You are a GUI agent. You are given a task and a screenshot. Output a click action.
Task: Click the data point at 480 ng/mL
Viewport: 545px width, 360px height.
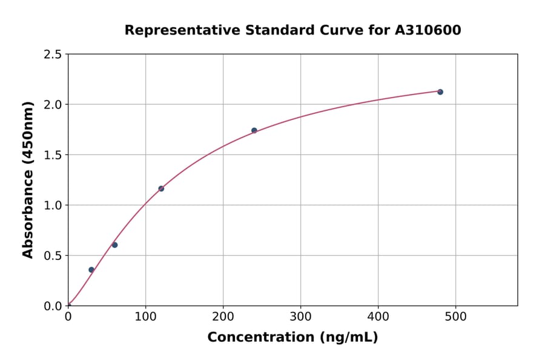440,92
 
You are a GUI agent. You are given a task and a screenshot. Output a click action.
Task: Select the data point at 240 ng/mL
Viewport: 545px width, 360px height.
254,130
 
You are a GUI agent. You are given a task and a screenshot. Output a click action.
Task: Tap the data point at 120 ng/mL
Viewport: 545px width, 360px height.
161,188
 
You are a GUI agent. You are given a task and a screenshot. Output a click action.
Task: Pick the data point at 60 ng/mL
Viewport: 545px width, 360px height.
114,245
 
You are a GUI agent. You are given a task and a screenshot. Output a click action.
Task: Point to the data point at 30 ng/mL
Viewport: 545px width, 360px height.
91,270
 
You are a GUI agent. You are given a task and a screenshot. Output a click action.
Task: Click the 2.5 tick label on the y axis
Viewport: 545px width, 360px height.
52,55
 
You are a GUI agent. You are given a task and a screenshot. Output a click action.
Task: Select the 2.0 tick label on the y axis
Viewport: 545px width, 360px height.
52,105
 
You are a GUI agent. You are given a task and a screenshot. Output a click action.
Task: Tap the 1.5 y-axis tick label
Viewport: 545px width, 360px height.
52,155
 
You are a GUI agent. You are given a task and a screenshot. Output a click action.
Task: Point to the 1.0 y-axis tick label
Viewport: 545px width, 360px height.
52,205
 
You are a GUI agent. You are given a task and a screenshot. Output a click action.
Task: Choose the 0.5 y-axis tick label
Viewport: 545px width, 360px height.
52,256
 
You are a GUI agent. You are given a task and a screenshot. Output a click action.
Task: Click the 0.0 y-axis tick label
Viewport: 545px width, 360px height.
52,306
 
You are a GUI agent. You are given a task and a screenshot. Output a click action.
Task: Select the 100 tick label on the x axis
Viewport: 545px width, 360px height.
145,316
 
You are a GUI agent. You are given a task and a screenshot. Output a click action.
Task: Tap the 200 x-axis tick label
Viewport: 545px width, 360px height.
223,316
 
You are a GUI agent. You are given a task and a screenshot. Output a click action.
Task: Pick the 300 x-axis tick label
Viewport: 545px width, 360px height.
300,316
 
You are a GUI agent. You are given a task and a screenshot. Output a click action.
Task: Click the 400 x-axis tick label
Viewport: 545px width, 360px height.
378,316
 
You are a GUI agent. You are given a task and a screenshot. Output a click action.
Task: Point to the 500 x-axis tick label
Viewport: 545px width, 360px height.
455,316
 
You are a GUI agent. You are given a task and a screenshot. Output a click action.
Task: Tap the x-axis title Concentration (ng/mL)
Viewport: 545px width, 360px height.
292,338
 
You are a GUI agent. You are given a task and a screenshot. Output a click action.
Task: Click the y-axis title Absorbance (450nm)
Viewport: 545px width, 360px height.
28,180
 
